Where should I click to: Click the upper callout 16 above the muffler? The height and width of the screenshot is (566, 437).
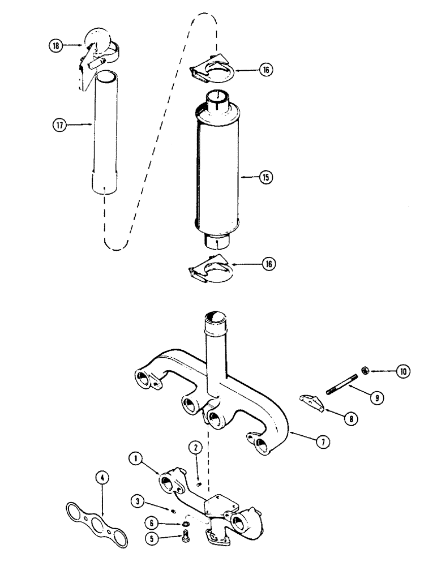[266, 70]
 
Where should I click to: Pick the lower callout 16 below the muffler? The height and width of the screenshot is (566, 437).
[266, 265]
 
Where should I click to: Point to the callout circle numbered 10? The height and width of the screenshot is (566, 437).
[403, 371]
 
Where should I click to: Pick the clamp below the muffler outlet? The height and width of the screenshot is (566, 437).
[212, 269]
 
